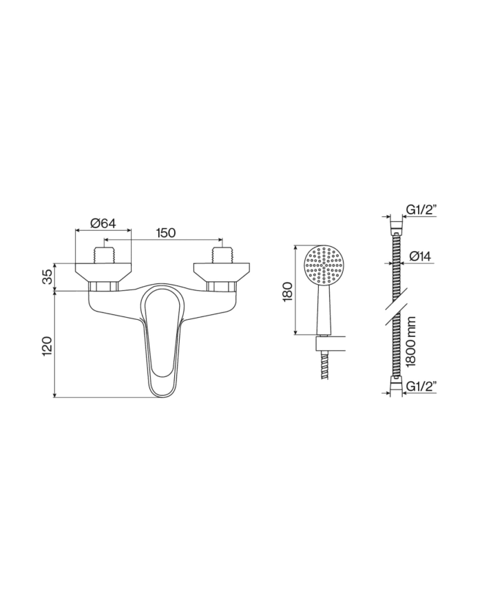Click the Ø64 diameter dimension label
(x=102, y=223)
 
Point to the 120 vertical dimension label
(x=46, y=345)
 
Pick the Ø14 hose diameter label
(x=421, y=256)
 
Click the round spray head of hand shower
(x=323, y=263)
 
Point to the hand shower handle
(x=323, y=310)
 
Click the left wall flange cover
(x=103, y=270)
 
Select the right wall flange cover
(x=221, y=270)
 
